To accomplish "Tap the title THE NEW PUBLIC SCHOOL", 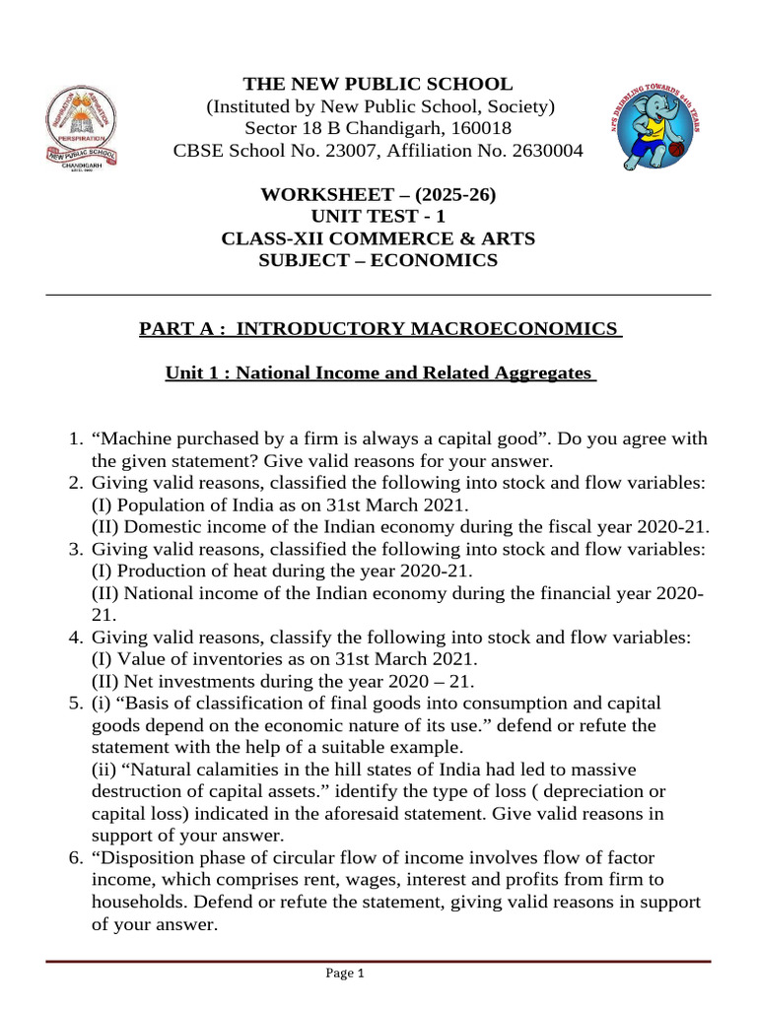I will [379, 85].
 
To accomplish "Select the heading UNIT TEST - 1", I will [379, 217].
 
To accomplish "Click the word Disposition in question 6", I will [144, 857].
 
